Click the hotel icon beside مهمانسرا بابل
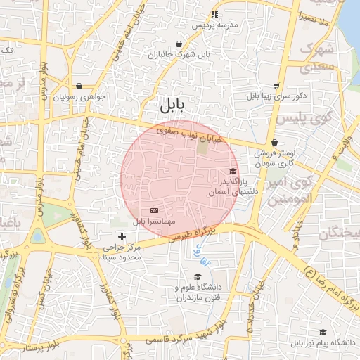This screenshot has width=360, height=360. coord(155,210)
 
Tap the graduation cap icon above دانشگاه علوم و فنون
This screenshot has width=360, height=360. coord(196,276)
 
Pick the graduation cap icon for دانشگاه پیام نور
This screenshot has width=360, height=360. coord(323,332)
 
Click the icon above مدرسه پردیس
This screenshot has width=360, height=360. coord(214,13)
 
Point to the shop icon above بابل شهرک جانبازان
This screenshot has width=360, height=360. coord(179,44)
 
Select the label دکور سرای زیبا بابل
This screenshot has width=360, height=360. coord(280,96)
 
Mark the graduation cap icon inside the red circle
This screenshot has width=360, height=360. coord(233,171)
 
